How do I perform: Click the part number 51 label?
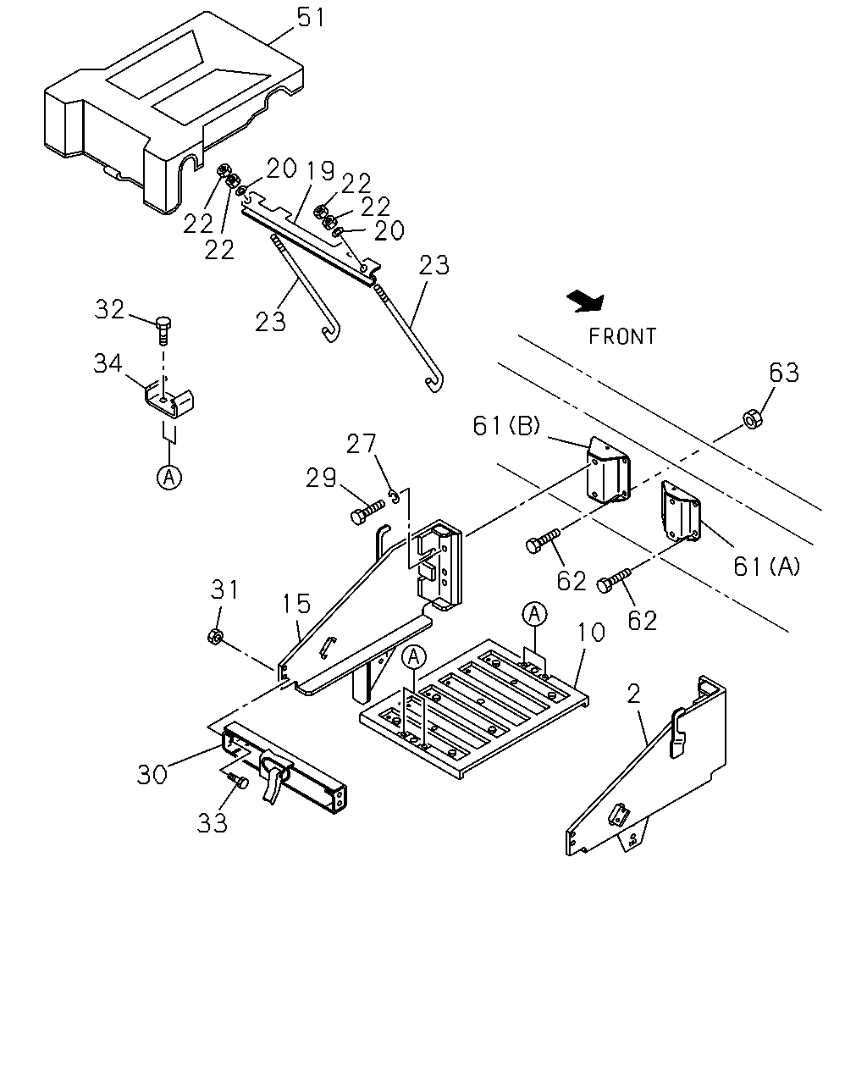pyautogui.click(x=311, y=18)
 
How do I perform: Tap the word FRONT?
pyautogui.click(x=622, y=336)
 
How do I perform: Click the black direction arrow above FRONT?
pyautogui.click(x=585, y=301)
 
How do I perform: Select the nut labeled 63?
pyautogui.click(x=752, y=419)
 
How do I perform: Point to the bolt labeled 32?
pyautogui.click(x=163, y=330)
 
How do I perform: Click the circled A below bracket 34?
pyautogui.click(x=169, y=477)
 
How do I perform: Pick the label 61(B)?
pyautogui.click(x=505, y=426)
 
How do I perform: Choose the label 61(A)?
pyautogui.click(x=766, y=567)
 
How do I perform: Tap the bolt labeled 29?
pyautogui.click(x=367, y=512)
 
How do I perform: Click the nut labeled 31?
pyautogui.click(x=215, y=637)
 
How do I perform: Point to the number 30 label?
pyautogui.click(x=152, y=774)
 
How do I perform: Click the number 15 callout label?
pyautogui.click(x=296, y=603)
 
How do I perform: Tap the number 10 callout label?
pyautogui.click(x=590, y=632)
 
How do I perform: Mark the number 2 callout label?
pyautogui.click(x=634, y=694)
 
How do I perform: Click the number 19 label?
pyautogui.click(x=321, y=171)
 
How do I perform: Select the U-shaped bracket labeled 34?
pyautogui.click(x=169, y=401)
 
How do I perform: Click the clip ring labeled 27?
pyautogui.click(x=395, y=496)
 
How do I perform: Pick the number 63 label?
pyautogui.click(x=784, y=373)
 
